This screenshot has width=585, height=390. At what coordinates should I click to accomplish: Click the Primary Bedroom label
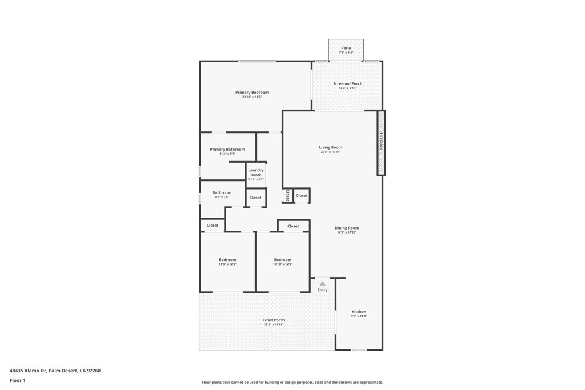pos(252,92)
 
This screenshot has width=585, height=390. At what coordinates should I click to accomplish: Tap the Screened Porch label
pos(347,83)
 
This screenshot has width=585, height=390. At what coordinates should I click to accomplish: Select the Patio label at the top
pos(346,48)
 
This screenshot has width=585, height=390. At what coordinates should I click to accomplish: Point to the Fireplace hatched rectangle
pos(381,142)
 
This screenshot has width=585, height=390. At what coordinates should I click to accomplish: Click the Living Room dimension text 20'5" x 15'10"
pos(330,152)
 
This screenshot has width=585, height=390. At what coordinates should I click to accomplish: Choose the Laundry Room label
pos(255,172)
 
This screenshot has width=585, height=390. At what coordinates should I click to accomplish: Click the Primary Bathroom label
pos(227,149)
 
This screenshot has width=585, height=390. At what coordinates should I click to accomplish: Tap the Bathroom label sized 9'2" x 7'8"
pos(222,192)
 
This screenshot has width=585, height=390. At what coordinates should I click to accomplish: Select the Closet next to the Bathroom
pos(255,198)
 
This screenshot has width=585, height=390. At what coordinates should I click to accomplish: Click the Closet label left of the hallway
pos(213,225)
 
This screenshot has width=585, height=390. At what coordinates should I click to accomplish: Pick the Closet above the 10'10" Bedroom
pos(293,226)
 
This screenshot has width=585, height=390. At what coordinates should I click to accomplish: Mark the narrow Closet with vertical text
pos(287,195)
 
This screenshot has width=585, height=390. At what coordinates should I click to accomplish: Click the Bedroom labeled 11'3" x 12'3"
pos(227,259)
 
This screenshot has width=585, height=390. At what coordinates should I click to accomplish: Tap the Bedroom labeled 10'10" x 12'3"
pos(282,259)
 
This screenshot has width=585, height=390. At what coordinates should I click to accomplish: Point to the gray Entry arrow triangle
pos(323,283)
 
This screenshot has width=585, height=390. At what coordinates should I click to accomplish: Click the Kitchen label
pos(359,311)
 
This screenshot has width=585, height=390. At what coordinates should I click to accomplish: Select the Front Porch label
pos(274,320)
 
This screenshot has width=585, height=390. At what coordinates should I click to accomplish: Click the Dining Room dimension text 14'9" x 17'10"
pos(347,232)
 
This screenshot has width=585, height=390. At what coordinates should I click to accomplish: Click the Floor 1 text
pos(18,380)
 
